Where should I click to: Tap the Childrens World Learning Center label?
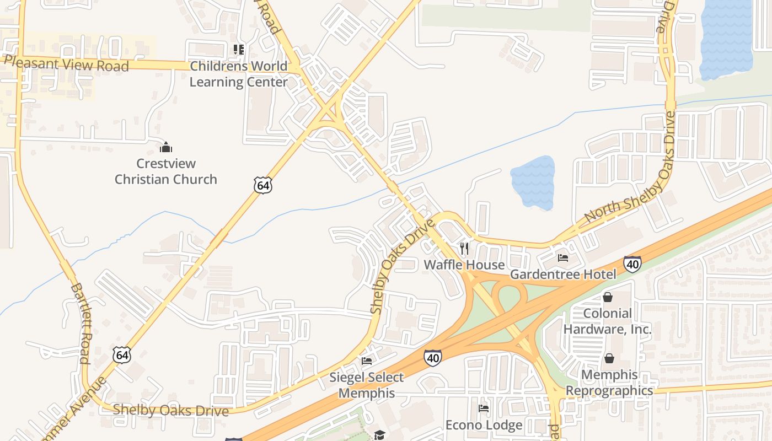(x=238, y=74)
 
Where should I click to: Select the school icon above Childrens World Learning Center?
(x=238, y=50)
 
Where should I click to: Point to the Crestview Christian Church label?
(x=166, y=171)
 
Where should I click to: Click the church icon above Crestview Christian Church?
(x=166, y=147)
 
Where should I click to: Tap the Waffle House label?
(x=464, y=265)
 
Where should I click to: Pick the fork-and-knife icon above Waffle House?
(x=464, y=249)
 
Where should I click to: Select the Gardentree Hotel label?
(x=563, y=274)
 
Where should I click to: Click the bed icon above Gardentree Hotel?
(x=563, y=257)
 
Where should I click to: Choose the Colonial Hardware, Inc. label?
(x=608, y=321)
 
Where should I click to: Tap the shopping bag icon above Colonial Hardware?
(x=608, y=298)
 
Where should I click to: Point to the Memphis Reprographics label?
(x=609, y=383)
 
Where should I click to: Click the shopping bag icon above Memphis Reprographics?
(x=609, y=359)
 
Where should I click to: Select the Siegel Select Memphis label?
(x=367, y=385)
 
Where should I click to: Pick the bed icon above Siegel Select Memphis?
(x=367, y=362)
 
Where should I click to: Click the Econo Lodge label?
(x=484, y=425)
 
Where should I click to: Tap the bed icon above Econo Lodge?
(x=484, y=408)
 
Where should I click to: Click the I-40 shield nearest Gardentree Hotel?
(x=632, y=265)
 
